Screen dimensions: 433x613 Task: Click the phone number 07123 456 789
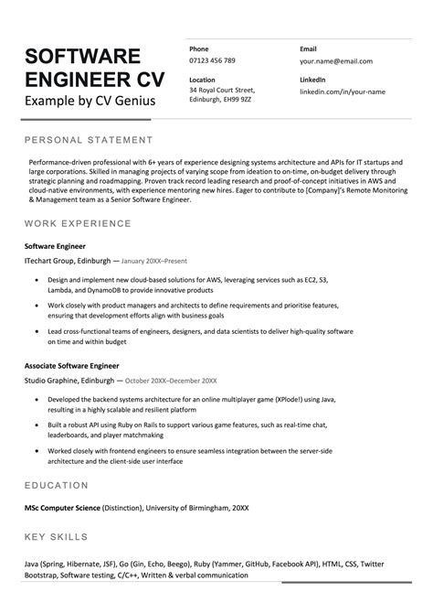point(212,60)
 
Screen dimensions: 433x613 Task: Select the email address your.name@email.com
point(335,60)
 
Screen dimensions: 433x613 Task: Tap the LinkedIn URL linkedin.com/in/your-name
point(343,91)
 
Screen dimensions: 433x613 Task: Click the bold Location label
point(202,80)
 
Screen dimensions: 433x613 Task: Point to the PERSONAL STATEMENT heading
point(89,140)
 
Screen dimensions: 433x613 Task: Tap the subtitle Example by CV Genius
point(90,100)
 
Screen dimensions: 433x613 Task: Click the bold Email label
point(308,48)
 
